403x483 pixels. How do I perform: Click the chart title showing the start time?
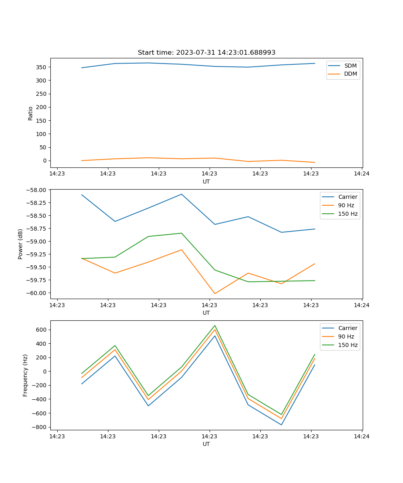point(206,53)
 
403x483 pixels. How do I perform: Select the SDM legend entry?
point(350,66)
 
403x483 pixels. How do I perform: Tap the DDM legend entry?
point(350,74)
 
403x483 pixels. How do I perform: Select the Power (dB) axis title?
point(21,244)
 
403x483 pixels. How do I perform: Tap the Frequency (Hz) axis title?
point(25,376)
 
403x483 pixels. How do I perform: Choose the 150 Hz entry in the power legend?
point(347,214)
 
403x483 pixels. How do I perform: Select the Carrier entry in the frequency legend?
point(347,328)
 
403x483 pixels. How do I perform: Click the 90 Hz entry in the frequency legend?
point(346,336)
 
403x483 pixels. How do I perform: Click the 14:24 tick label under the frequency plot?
point(361,436)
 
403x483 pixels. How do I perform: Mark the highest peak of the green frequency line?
point(215,325)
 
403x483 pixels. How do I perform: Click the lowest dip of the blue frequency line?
point(281,425)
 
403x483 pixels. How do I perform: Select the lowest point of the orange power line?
point(215,293)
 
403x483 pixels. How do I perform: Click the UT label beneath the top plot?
point(206,182)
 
